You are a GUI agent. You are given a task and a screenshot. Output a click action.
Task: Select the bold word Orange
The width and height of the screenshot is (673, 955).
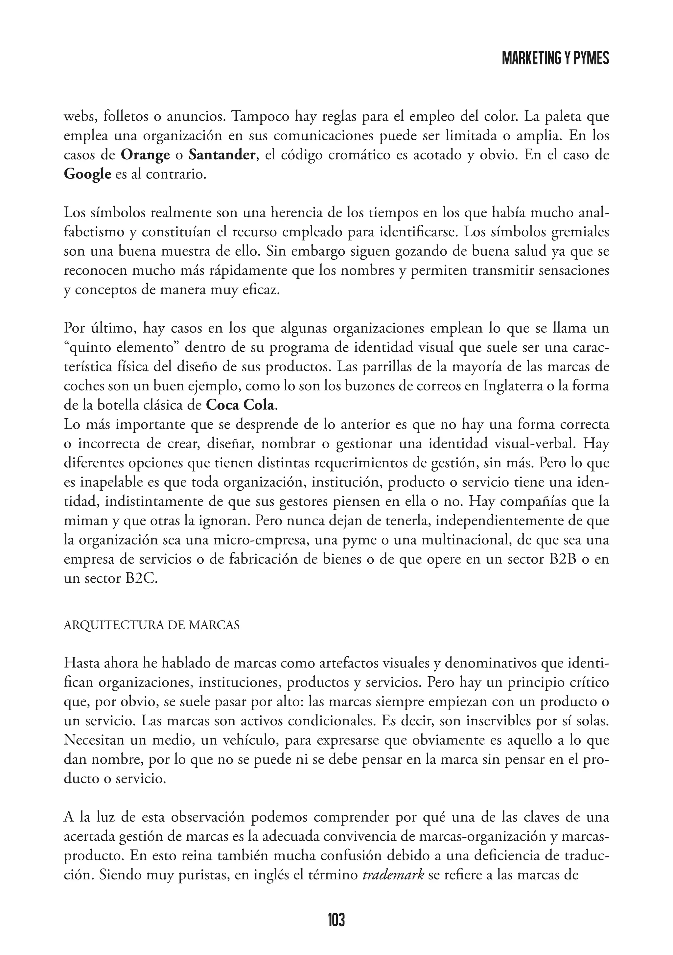[145, 155]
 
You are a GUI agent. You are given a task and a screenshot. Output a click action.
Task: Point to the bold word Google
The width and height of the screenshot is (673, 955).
[87, 174]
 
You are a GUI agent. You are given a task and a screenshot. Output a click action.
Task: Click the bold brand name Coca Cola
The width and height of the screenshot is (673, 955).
[241, 405]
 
